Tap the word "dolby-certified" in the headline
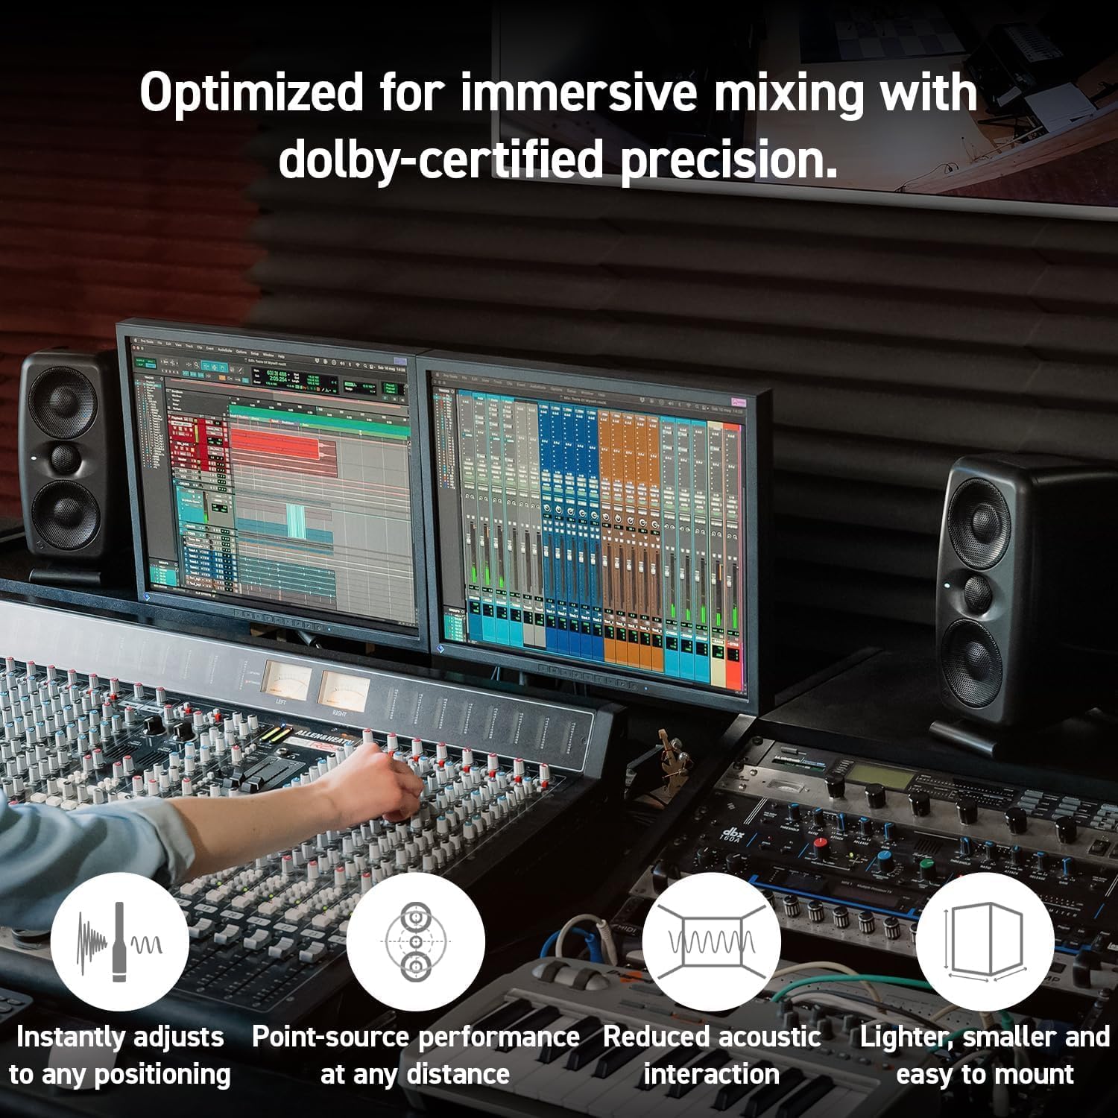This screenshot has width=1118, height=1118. pyautogui.click(x=440, y=160)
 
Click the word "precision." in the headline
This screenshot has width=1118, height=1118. pyautogui.click(x=728, y=160)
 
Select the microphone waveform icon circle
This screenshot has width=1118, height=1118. pyautogui.click(x=120, y=942)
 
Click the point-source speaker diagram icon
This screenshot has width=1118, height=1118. pyautogui.click(x=415, y=942)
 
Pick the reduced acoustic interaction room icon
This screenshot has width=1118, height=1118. pyautogui.click(x=711, y=942)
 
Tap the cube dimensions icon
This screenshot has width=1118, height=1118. pyautogui.click(x=985, y=942)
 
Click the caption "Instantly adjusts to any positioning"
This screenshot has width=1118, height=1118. pyautogui.click(x=120, y=1055)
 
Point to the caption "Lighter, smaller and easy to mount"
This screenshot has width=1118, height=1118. pyautogui.click(x=985, y=1055)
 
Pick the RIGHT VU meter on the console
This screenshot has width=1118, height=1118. pyautogui.click(x=344, y=689)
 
